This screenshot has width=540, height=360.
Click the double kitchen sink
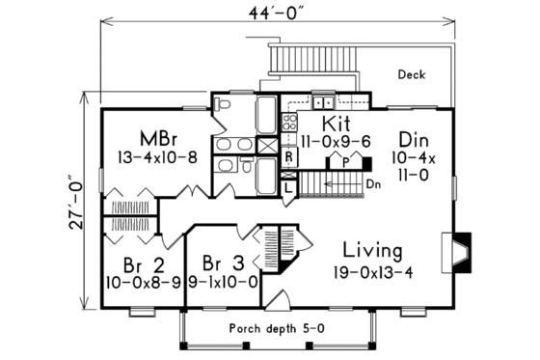coord(322,100)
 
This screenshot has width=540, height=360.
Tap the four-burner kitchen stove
coord(287,122)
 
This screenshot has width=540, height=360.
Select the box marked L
coord(288,188)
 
